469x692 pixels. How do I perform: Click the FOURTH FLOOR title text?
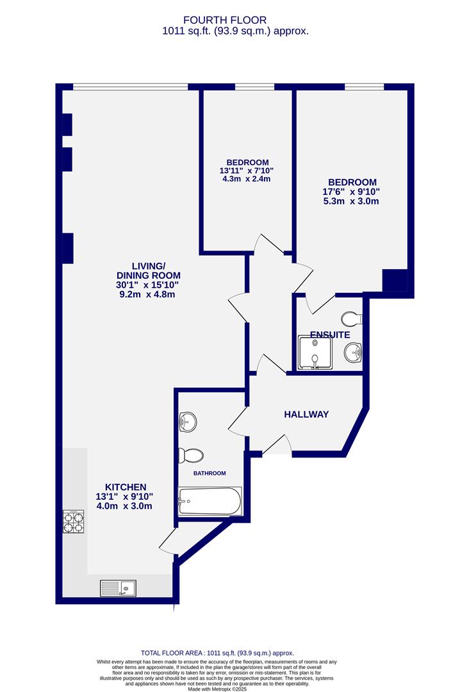[234, 20]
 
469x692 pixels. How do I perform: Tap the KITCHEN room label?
[126, 487]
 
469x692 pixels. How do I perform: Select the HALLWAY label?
[306, 415]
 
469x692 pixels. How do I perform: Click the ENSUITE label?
[329, 334]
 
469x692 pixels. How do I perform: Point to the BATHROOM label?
[210, 473]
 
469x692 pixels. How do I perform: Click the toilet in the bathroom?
[191, 455]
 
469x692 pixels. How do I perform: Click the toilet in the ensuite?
[352, 318]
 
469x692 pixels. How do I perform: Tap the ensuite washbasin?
[353, 352]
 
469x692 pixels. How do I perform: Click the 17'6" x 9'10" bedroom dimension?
[351, 192]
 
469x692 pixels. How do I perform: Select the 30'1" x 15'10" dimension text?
[148, 284]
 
